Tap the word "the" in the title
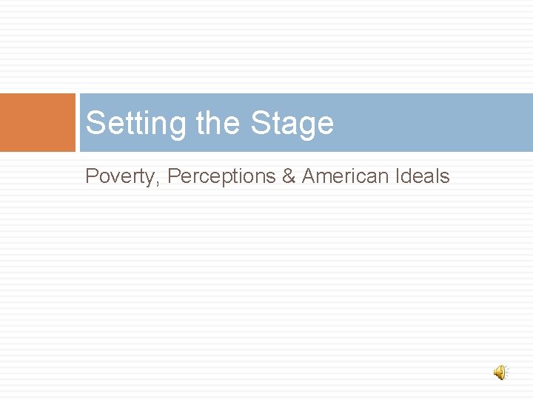pyautogui.click(x=220, y=123)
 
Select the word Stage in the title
pyautogui.click(x=292, y=123)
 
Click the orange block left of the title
pyautogui.click(x=38, y=122)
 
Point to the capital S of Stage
pyautogui.click(x=260, y=123)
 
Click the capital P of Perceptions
pyautogui.click(x=174, y=176)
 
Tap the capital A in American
pyautogui.click(x=308, y=176)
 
